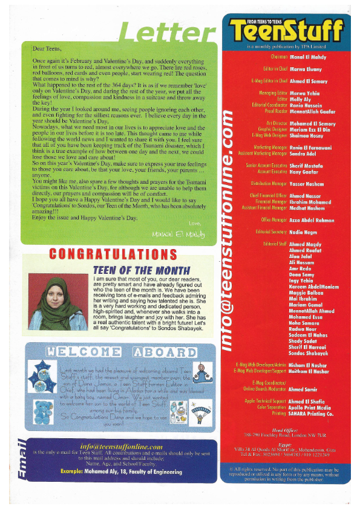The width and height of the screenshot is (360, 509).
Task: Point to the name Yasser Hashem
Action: point(307,183)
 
